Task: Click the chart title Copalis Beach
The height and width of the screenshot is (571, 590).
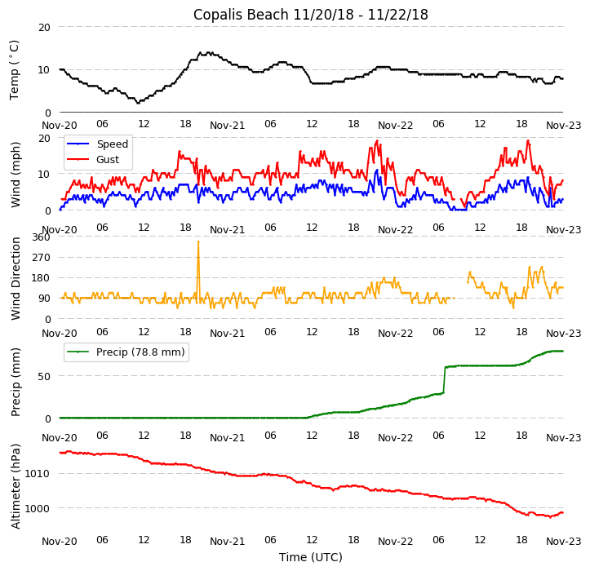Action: [x=310, y=15]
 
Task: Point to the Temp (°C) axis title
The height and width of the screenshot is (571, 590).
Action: [x=15, y=70]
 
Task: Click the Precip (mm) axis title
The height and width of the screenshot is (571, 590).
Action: [x=17, y=381]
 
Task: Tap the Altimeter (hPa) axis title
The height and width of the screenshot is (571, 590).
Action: [x=17, y=486]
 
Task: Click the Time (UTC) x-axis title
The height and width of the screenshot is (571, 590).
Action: [x=310, y=557]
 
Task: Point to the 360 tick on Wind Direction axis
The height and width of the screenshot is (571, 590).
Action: [x=41, y=237]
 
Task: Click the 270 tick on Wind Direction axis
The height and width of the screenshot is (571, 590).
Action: [x=41, y=258]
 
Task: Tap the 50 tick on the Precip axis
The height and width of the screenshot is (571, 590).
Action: [x=44, y=377]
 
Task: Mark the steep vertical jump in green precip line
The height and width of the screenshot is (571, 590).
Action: [x=445, y=379]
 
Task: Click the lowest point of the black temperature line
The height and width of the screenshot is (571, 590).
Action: [x=138, y=103]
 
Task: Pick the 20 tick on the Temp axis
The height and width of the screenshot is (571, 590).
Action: [x=44, y=27]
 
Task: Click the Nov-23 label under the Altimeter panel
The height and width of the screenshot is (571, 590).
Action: [x=563, y=542]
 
